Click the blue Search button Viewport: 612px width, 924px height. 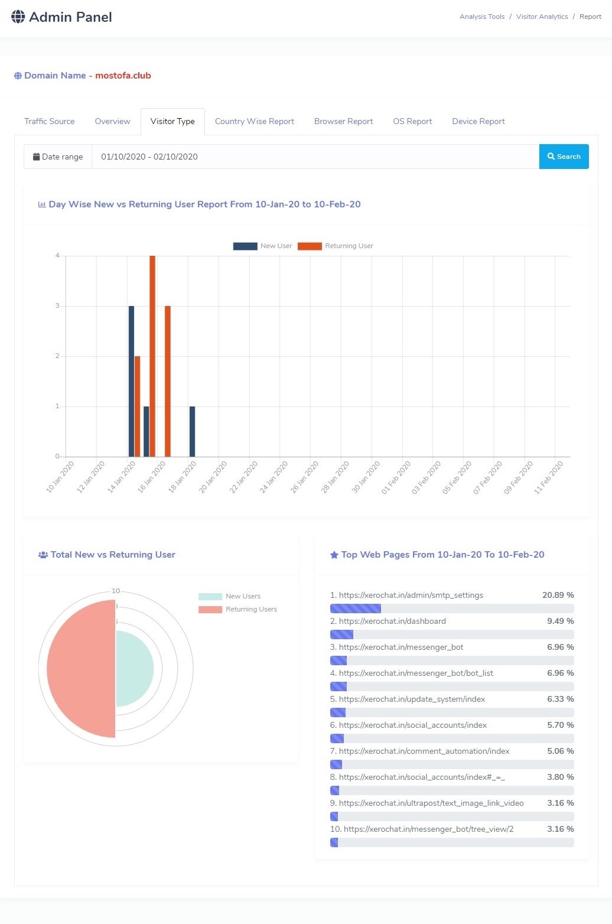coord(564,157)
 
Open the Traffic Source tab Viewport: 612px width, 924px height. coord(50,121)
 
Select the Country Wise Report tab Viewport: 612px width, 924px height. coord(254,121)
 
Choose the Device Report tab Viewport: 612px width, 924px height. coord(478,121)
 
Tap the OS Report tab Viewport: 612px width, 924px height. coord(412,121)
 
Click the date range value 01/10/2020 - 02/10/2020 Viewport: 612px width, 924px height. coord(149,157)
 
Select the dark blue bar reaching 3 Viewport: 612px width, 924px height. coord(131,381)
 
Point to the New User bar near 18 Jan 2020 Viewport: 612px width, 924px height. coord(192,431)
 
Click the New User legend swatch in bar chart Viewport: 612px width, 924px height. coord(245,246)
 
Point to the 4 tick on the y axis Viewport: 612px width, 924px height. coord(57,256)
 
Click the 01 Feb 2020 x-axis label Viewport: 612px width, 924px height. coord(396,477)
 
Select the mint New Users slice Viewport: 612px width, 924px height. coord(134,669)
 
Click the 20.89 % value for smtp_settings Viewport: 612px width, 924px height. coord(558,595)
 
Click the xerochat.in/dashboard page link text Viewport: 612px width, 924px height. coord(392,621)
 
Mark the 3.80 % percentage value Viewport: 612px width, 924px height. coord(560,777)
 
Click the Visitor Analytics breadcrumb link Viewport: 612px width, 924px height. coord(542,17)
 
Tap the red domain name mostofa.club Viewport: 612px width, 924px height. coord(123,76)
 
